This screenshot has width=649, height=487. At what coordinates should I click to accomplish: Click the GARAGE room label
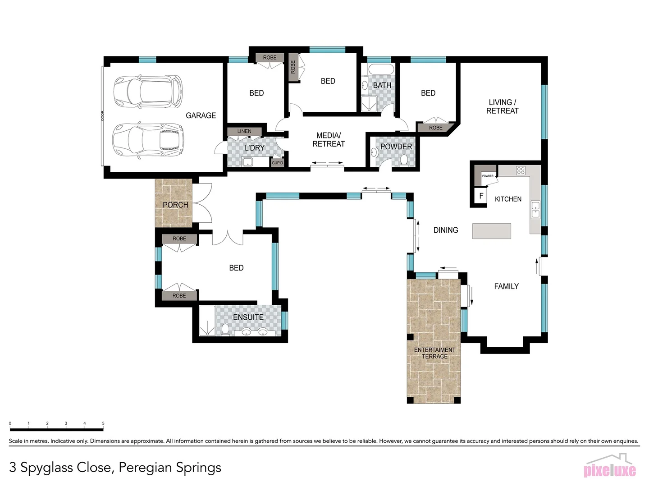[201, 115]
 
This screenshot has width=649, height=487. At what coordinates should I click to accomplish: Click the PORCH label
[175, 205]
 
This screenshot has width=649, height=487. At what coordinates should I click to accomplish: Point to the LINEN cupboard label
[244, 131]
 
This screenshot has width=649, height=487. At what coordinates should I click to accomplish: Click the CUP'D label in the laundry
[278, 163]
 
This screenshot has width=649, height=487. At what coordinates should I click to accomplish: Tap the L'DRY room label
[255, 148]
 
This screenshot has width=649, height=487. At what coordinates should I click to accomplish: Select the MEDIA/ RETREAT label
[329, 140]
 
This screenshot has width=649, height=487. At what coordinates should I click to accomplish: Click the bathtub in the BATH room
[381, 70]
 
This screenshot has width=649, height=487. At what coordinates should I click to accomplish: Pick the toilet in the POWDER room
[404, 160]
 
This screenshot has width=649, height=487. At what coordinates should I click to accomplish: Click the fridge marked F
[481, 196]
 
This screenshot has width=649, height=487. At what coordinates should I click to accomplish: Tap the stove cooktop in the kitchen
[521, 170]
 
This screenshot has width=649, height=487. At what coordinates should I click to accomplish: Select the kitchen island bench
[492, 231]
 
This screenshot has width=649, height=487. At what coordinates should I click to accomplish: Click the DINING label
[446, 230]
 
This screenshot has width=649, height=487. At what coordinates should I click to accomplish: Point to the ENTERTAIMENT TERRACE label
[434, 353]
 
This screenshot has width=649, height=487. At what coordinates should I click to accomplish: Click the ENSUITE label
[248, 317]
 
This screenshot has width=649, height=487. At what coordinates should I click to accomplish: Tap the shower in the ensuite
[207, 321]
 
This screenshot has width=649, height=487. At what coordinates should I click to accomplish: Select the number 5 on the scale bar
[103, 423]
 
